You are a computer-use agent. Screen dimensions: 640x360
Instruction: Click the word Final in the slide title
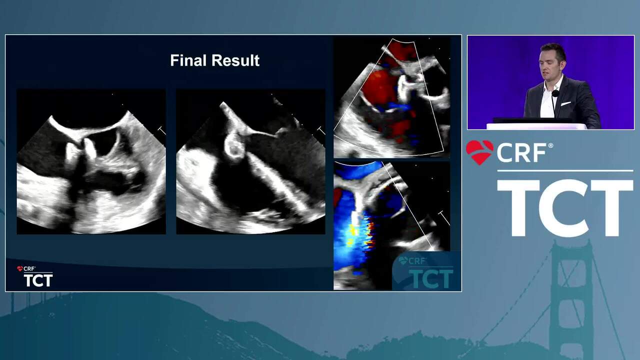point(188,60)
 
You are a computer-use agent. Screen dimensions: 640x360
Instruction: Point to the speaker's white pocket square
point(565,103)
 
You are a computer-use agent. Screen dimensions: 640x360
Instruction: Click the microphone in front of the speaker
point(555,93)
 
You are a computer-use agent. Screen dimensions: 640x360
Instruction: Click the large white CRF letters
point(521,152)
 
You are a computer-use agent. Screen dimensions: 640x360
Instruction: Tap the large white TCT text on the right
point(565,207)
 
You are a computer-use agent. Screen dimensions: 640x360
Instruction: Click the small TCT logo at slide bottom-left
point(38,280)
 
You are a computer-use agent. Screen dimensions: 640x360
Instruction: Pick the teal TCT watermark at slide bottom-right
point(431,278)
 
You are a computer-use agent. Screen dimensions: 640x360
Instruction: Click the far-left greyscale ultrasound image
point(91,161)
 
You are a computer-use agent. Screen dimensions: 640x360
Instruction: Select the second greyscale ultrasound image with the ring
point(250,161)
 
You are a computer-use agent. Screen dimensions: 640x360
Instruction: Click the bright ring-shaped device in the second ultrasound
point(235,147)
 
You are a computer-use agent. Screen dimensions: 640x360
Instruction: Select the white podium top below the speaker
point(536,126)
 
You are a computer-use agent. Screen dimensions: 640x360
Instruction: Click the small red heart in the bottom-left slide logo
point(19,268)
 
